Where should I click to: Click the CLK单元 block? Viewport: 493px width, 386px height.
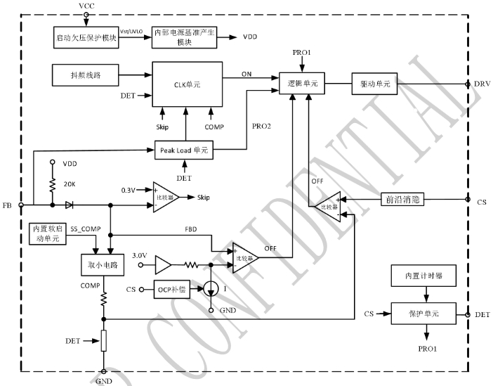(x=185, y=84)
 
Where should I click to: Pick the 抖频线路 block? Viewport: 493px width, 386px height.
(x=85, y=74)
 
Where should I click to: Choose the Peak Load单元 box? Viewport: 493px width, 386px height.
(x=184, y=150)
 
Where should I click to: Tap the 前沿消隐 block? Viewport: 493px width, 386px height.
(x=401, y=200)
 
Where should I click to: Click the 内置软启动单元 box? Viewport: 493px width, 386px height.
(x=48, y=234)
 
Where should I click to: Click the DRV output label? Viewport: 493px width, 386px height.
(x=481, y=84)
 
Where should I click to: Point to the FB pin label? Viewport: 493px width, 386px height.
(x=7, y=205)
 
